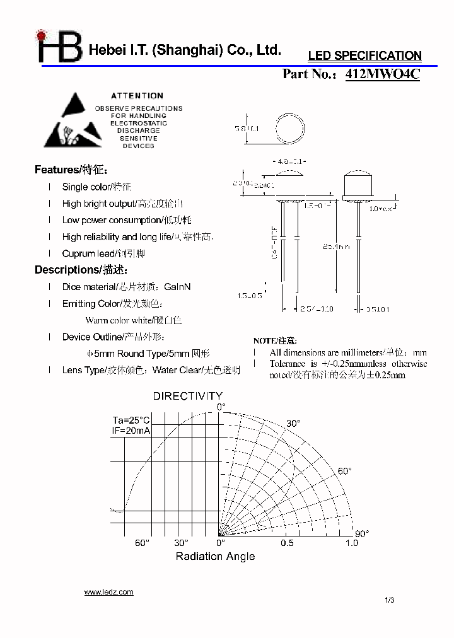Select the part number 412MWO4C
(x=382, y=74)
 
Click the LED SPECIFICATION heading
(x=364, y=56)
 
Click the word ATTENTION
(x=137, y=96)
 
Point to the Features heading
(x=71, y=170)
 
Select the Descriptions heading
(x=81, y=270)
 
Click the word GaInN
(x=177, y=287)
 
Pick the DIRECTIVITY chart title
(x=187, y=396)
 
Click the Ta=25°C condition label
(x=131, y=420)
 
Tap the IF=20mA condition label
(x=131, y=431)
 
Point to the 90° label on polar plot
(x=363, y=533)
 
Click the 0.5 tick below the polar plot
(x=287, y=543)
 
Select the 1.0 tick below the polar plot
(x=351, y=543)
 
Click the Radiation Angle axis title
(x=215, y=556)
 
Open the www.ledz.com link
(x=108, y=592)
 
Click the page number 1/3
(x=388, y=600)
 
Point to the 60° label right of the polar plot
(x=344, y=471)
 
